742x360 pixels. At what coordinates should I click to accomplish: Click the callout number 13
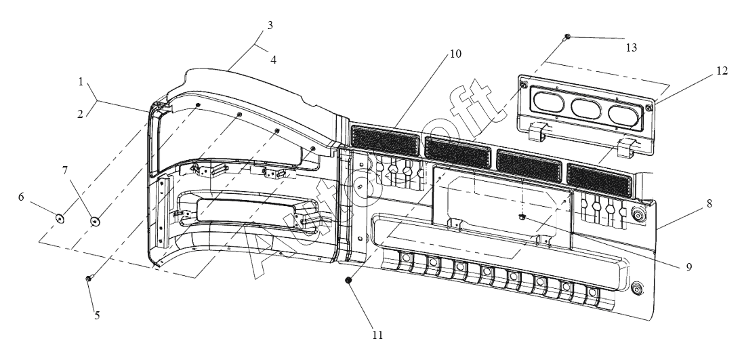632,47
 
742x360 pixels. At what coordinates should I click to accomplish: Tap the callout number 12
722,71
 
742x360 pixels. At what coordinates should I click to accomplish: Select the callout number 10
455,54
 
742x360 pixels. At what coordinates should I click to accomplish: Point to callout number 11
377,335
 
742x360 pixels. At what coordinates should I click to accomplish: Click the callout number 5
97,315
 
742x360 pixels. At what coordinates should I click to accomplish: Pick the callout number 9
689,267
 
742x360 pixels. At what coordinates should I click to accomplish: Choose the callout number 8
709,203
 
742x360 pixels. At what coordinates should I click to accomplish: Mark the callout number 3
270,25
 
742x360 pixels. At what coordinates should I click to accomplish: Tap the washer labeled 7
95,221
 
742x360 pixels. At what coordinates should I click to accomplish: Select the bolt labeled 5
89,279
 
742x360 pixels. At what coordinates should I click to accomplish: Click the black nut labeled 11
348,281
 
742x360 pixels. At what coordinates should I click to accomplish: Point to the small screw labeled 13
567,37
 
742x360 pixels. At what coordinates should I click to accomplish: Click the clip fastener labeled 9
522,217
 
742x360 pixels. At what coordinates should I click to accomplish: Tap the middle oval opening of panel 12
585,108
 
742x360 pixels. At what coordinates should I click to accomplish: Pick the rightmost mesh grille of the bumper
599,178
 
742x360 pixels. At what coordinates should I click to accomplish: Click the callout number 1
81,82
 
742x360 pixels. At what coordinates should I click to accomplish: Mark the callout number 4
274,60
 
